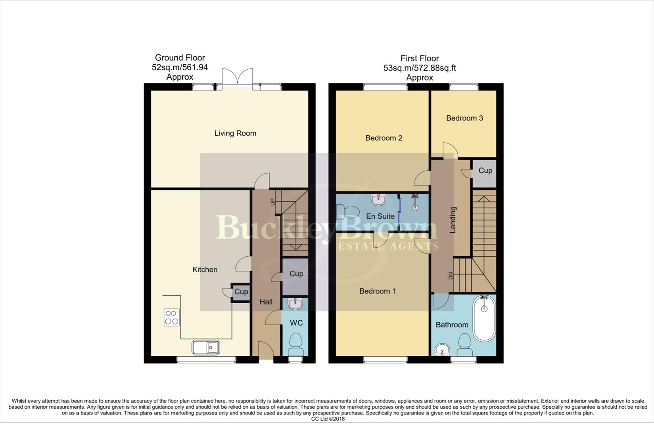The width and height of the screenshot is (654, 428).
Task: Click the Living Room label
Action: coord(235,133)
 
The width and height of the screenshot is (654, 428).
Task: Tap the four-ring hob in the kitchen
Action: coord(172,317)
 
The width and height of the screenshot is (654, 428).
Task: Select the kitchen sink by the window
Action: coord(206,348)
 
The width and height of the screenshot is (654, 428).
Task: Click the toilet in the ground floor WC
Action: coord(295,345)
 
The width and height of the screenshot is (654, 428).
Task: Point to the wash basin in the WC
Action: coord(295,304)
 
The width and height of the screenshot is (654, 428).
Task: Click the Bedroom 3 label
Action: coord(464,118)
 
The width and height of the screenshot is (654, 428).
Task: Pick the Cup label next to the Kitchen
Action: coord(241,292)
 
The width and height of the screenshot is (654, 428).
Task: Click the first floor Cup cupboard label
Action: coord(485,170)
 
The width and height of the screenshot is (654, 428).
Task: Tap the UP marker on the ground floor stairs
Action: coord(272,201)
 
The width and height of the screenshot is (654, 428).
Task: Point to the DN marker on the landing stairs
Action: coord(451,276)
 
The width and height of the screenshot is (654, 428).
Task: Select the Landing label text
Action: coord(453,220)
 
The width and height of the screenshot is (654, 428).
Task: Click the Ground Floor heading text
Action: coord(180,58)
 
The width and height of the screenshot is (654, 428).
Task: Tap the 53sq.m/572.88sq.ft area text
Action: coord(419,68)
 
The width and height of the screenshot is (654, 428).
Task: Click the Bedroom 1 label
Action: coord(378,291)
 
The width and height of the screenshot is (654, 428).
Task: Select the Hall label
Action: coord(266,302)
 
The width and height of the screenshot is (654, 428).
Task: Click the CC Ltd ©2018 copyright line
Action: coord(328,419)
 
